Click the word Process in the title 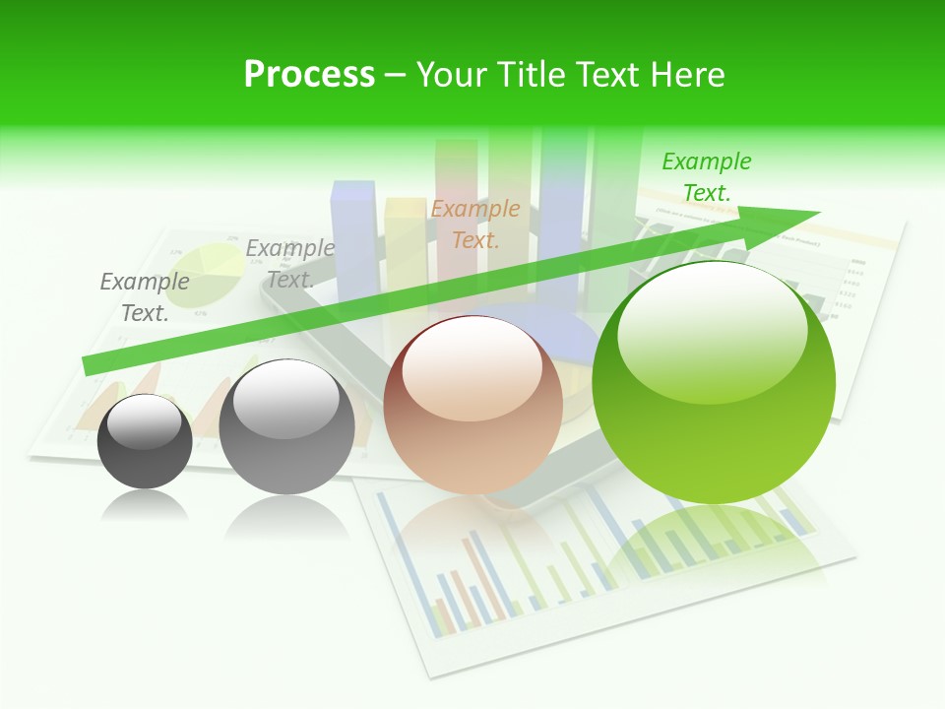click(x=309, y=74)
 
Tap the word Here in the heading click(x=688, y=75)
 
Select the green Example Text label click(x=706, y=176)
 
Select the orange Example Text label click(x=475, y=224)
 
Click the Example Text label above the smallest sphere click(x=145, y=296)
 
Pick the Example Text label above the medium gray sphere click(x=290, y=263)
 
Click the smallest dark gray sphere click(x=145, y=442)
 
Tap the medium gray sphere click(x=286, y=427)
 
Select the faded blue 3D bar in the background click(x=353, y=236)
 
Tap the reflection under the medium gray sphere click(x=286, y=516)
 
